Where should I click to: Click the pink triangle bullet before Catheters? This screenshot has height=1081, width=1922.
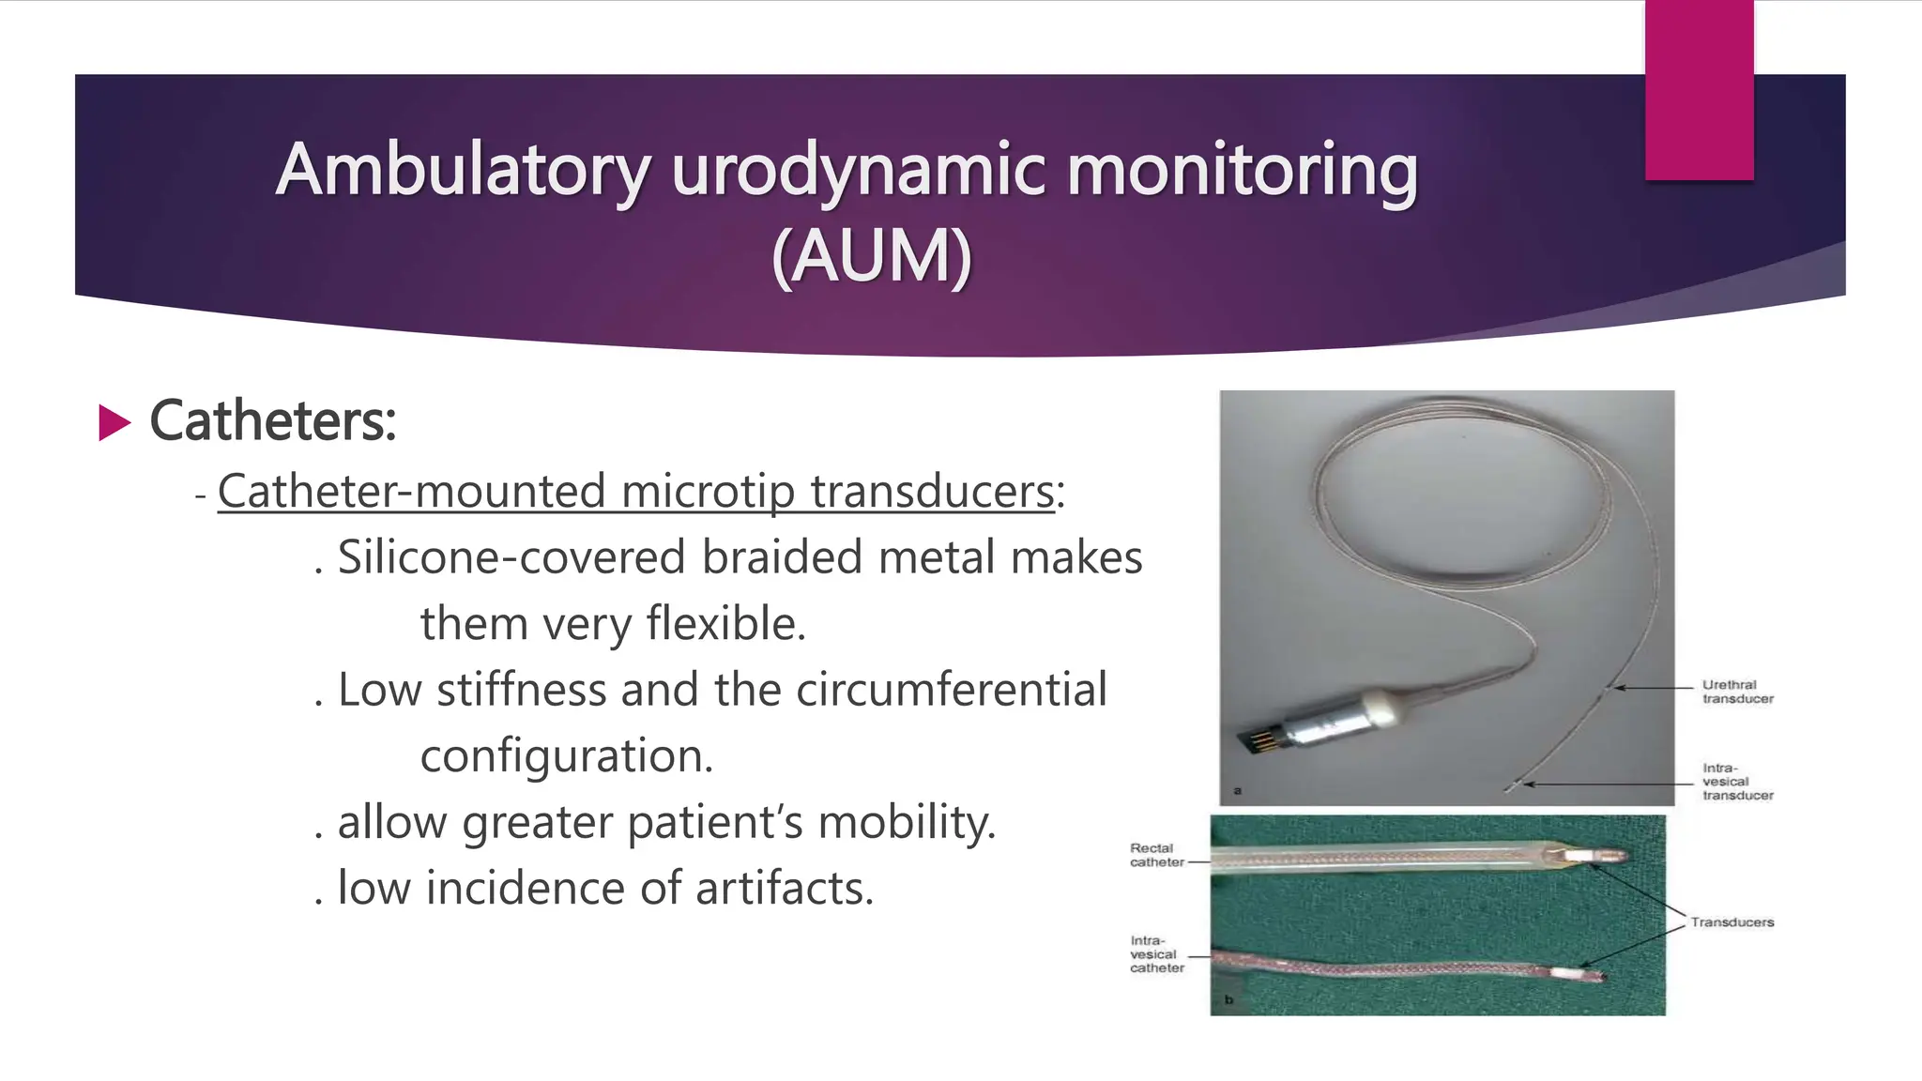(x=114, y=422)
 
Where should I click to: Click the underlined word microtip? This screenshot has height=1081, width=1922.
(x=708, y=492)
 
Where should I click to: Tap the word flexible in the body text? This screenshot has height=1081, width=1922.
(x=725, y=624)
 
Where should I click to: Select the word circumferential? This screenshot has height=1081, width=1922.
(x=951, y=690)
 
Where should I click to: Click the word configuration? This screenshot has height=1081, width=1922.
(x=566, y=756)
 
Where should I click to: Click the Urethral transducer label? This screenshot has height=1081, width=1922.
(x=1737, y=692)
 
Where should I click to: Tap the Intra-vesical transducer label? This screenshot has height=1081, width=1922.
(x=1737, y=782)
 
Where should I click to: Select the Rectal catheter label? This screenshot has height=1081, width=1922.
(x=1156, y=855)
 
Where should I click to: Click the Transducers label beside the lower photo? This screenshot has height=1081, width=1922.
(x=1731, y=922)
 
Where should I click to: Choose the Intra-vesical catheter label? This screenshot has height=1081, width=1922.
(x=1156, y=953)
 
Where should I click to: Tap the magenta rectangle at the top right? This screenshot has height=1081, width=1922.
(x=1699, y=90)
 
